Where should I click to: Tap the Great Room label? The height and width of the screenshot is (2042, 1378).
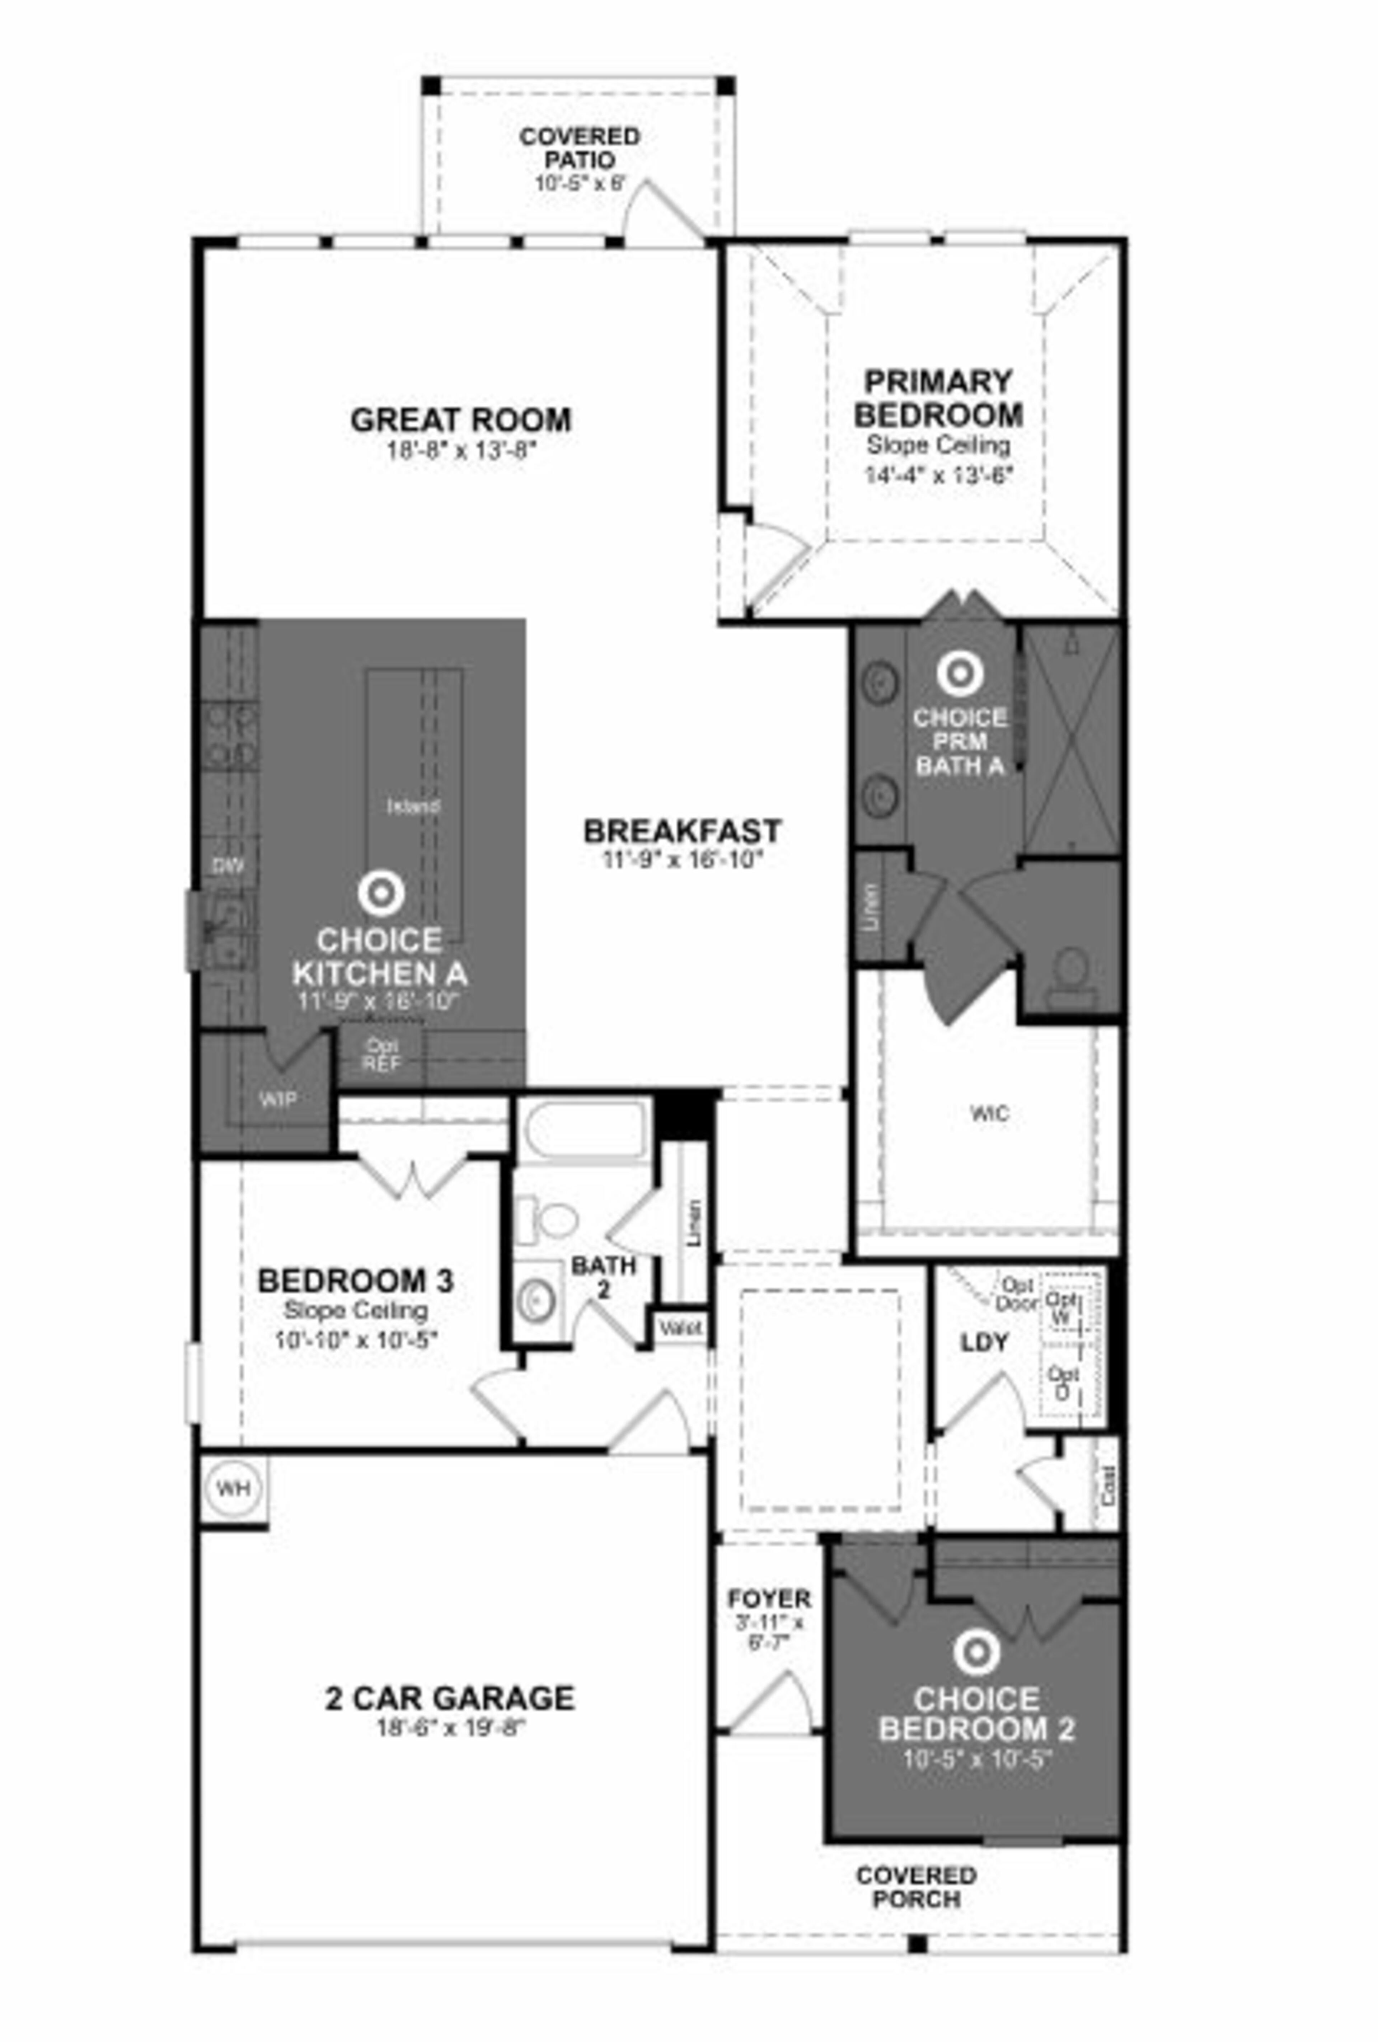460,420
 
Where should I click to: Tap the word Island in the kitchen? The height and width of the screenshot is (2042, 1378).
413,805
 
